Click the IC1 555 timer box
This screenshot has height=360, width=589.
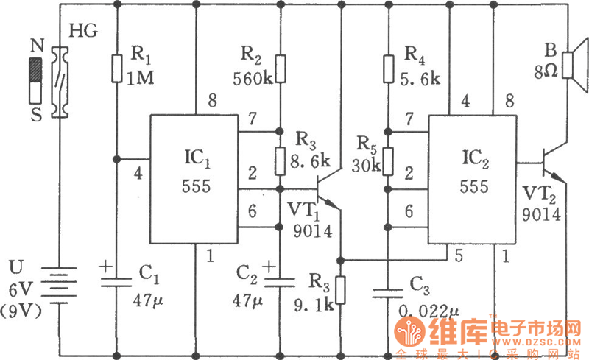pyautogui.click(x=195, y=180)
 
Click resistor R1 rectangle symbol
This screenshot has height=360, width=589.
pyautogui.click(x=116, y=68)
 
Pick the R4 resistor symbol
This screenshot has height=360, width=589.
pyautogui.click(x=387, y=68)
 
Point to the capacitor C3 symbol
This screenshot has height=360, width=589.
pyautogui.click(x=387, y=293)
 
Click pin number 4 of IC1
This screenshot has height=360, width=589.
pyautogui.click(x=138, y=174)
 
